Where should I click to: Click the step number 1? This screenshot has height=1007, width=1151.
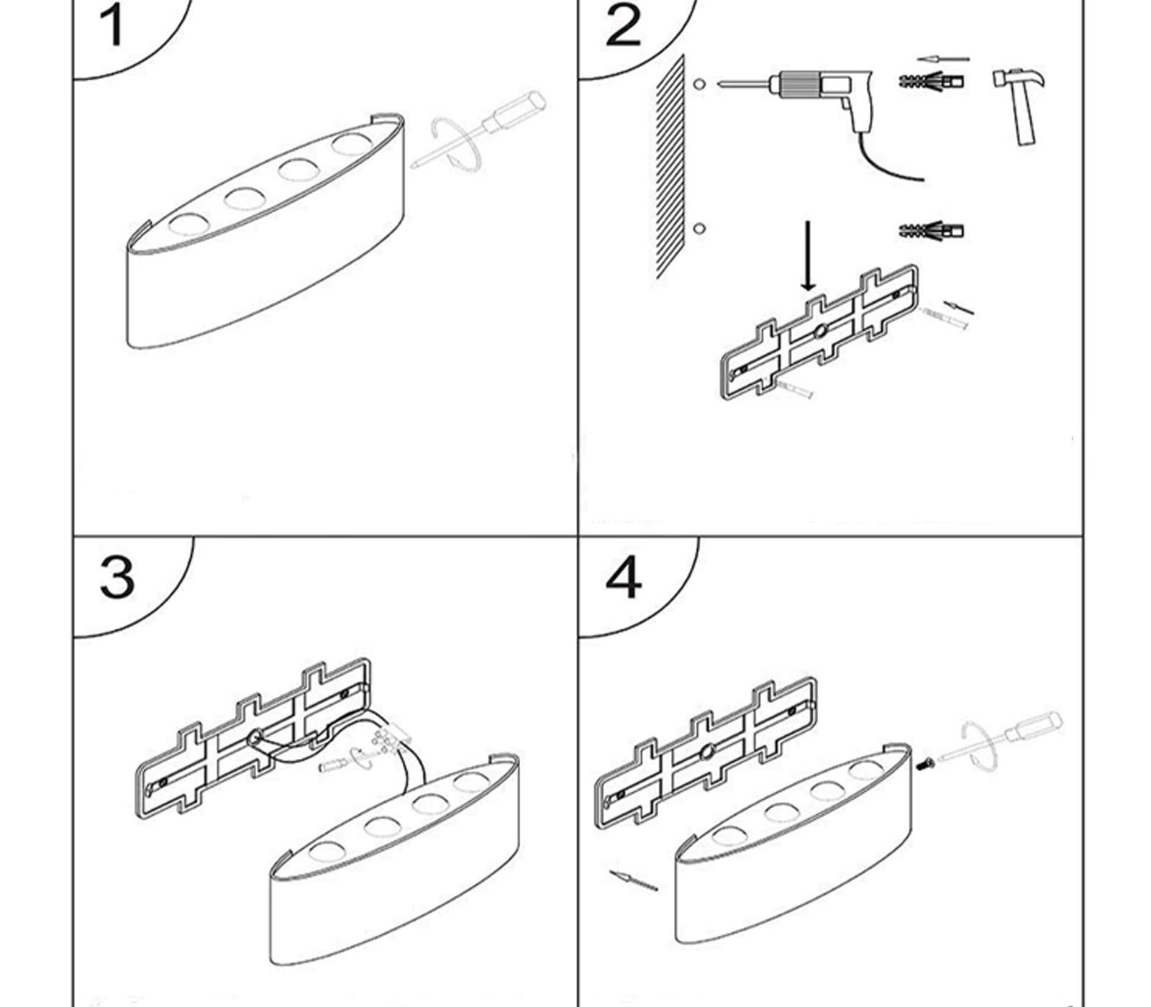click(x=112, y=27)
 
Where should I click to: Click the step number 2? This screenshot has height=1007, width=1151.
click(x=623, y=27)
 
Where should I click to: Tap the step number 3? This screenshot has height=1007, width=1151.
click(x=117, y=576)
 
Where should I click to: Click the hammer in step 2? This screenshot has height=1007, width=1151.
click(x=1021, y=101)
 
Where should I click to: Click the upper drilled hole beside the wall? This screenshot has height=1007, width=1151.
click(x=699, y=84)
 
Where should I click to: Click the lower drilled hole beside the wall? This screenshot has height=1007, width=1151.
click(x=699, y=229)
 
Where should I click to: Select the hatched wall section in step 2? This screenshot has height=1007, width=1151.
click(x=670, y=170)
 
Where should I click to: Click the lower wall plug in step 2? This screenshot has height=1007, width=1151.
click(x=931, y=231)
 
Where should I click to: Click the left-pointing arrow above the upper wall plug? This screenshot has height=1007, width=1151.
click(x=943, y=60)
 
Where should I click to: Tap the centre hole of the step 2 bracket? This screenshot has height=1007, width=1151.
click(x=819, y=332)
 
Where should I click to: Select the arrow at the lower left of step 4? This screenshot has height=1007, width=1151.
click(x=633, y=880)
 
